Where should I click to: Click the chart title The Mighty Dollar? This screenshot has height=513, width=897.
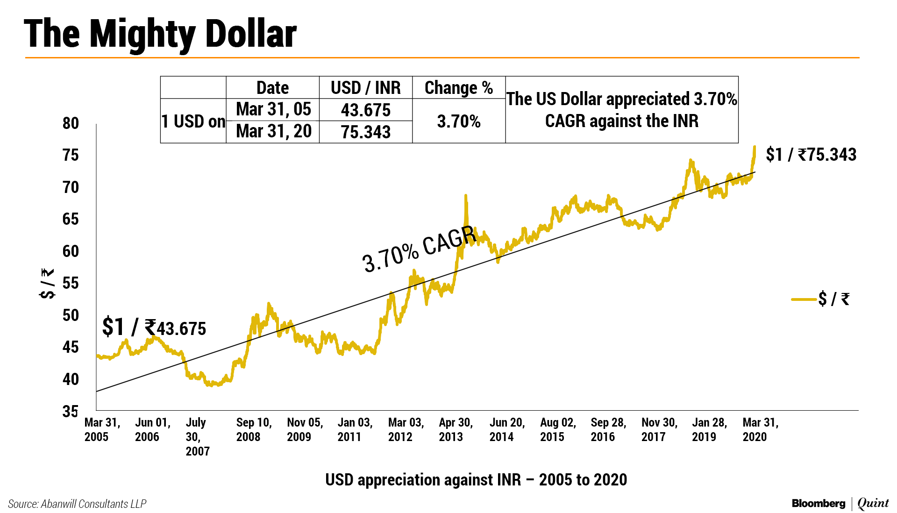[160, 34]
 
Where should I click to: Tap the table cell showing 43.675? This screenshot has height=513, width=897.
[365, 110]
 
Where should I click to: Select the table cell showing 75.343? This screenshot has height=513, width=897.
[365, 132]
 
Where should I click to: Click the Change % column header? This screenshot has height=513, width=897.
[458, 88]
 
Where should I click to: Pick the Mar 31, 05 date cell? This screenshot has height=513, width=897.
[273, 109]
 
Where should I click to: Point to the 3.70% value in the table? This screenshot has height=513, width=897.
[458, 121]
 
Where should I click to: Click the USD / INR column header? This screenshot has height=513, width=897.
[365, 88]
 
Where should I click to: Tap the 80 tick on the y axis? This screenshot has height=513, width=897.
[71, 123]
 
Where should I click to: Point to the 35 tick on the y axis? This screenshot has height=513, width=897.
[71, 411]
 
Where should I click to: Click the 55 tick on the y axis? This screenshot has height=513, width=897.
[71, 283]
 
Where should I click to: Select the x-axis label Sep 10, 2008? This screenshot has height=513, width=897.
[253, 429]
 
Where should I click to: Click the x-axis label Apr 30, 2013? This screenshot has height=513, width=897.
[456, 429]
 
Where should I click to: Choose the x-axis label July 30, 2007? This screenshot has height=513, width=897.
[197, 436]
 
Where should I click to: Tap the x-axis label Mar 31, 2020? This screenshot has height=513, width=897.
[760, 429]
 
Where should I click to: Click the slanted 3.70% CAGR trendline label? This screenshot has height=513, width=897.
[419, 249]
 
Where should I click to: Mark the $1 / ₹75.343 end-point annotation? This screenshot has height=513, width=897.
[811, 155]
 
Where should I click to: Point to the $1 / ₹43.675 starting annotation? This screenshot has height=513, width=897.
[154, 327]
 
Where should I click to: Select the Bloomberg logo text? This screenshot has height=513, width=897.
[818, 504]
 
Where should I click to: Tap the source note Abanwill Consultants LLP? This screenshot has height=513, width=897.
[77, 504]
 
